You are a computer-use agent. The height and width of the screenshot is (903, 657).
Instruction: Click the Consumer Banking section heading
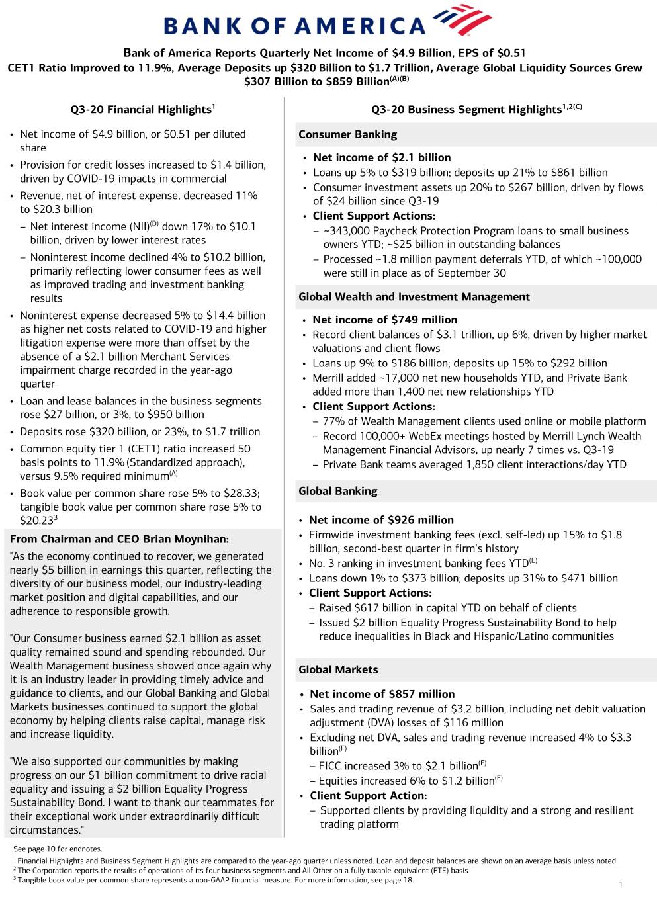tap(347, 134)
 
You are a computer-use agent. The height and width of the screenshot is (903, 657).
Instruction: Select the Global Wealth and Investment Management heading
tap(414, 297)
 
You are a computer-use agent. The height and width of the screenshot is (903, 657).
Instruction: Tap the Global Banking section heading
tap(337, 491)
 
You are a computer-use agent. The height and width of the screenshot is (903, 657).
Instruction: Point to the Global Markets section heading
tap(338, 669)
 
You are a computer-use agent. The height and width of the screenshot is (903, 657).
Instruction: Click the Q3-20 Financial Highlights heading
tap(142, 109)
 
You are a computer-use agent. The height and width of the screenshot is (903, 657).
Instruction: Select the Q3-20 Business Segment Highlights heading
tap(476, 109)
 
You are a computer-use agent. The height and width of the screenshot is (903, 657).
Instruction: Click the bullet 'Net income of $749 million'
tap(384, 320)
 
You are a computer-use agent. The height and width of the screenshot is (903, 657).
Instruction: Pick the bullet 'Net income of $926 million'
tap(381, 520)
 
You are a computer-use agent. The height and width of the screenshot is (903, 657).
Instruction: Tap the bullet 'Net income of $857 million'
tap(382, 694)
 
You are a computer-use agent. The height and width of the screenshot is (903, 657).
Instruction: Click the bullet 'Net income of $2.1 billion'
tap(382, 157)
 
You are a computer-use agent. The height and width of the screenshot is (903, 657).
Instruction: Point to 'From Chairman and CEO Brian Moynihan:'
tap(119, 539)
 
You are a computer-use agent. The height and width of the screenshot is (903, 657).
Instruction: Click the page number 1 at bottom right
tap(621, 885)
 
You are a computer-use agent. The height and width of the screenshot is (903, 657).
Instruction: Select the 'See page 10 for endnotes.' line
tap(58, 849)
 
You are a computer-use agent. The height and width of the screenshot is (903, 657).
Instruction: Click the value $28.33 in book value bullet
tap(241, 493)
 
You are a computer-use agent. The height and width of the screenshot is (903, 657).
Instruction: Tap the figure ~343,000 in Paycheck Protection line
tap(350, 231)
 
